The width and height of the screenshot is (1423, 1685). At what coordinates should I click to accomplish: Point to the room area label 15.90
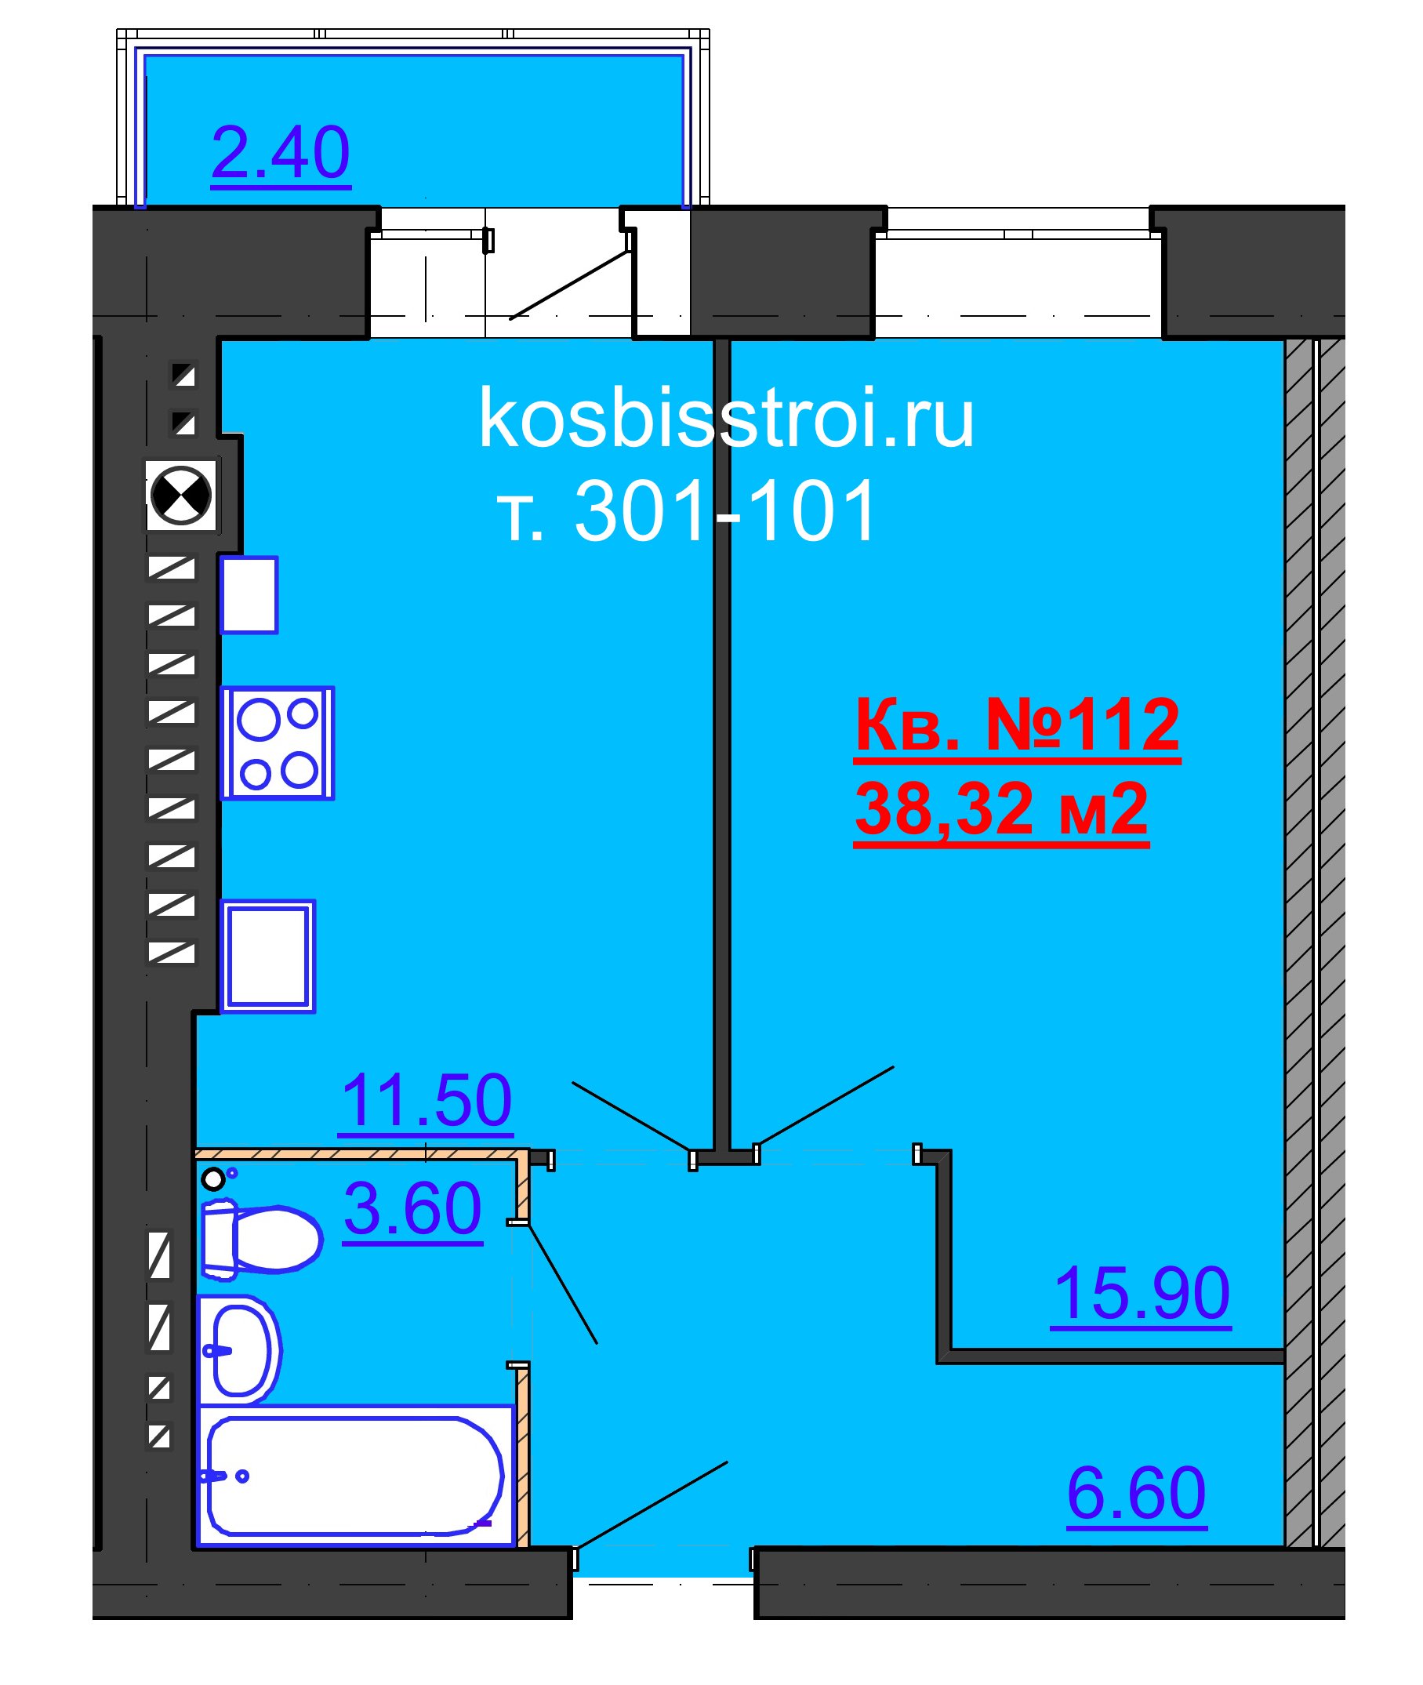click(x=1141, y=1294)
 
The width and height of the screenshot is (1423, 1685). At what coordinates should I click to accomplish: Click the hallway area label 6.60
click(x=1136, y=1493)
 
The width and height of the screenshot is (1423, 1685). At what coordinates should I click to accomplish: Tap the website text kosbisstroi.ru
click(x=726, y=418)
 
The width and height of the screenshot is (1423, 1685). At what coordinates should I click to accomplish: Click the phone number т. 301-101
click(x=687, y=510)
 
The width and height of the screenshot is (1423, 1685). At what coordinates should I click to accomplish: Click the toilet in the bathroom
click(x=262, y=1238)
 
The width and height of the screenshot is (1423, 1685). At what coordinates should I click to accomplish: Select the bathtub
click(x=355, y=1476)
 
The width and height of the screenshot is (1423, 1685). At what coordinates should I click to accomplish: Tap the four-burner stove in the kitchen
click(x=278, y=743)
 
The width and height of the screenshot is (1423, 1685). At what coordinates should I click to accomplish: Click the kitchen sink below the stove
click(x=268, y=956)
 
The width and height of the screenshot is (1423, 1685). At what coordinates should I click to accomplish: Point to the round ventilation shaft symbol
click(x=182, y=496)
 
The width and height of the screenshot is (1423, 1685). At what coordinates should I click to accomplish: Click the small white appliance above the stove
click(x=249, y=594)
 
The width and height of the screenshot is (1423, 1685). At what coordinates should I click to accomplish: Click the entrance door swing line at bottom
click(x=652, y=1505)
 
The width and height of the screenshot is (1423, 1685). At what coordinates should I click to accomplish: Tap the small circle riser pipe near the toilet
click(x=213, y=1179)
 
